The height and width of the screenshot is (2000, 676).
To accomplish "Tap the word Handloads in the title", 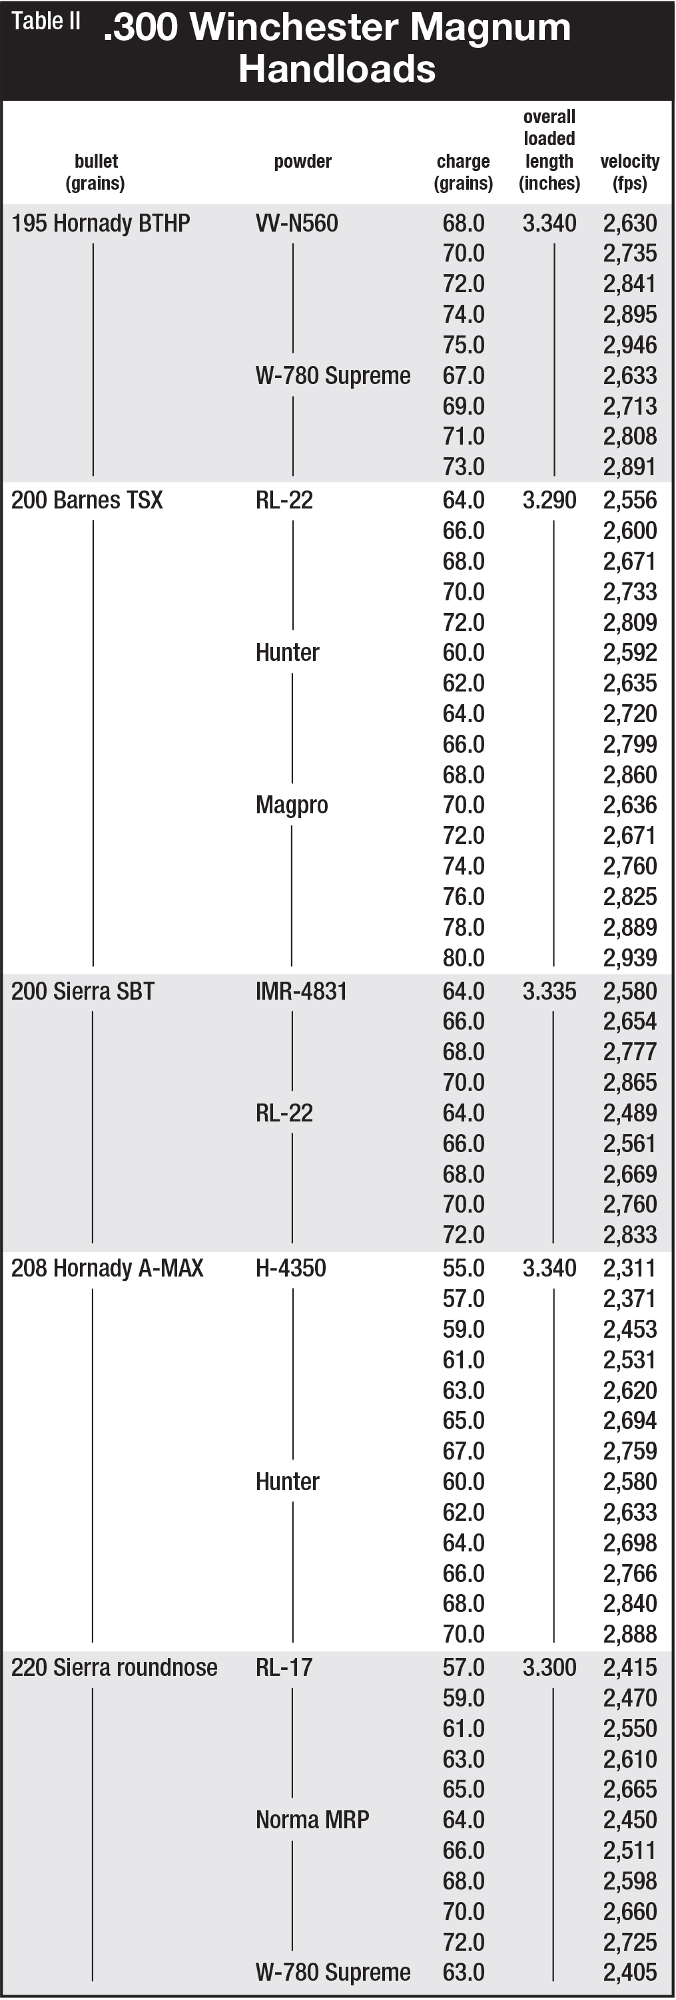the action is coord(336,69).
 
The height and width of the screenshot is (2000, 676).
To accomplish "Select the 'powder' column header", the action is coord(302,162).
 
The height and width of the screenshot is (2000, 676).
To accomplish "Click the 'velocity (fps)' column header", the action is coord(629,172).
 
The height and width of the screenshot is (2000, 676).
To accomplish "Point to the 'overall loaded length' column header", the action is coord(549,150).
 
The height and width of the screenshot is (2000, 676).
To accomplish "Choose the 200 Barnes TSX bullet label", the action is coord(87,500).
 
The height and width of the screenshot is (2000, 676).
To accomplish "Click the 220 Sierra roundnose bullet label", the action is coord(115,1667).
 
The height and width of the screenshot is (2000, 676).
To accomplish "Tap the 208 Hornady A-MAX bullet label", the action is coord(107,1268).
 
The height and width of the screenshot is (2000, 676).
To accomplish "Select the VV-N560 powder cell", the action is coord(297,224).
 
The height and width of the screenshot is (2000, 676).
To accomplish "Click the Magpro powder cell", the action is coord(292,805).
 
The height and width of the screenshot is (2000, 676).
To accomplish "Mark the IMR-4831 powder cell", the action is coord(302,992).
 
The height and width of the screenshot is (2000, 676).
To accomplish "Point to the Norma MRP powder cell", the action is coord(312,1819).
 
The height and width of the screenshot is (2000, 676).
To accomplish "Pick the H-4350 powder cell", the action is coord(290,1268).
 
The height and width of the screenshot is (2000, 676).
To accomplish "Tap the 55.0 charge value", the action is coord(463,1268).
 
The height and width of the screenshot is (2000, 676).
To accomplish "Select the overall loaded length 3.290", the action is coord(549,500).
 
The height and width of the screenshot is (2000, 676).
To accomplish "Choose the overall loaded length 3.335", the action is coord(549,992).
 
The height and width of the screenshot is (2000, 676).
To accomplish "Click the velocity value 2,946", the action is coord(630,345).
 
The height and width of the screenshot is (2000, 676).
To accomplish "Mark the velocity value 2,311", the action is coord(630,1268).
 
